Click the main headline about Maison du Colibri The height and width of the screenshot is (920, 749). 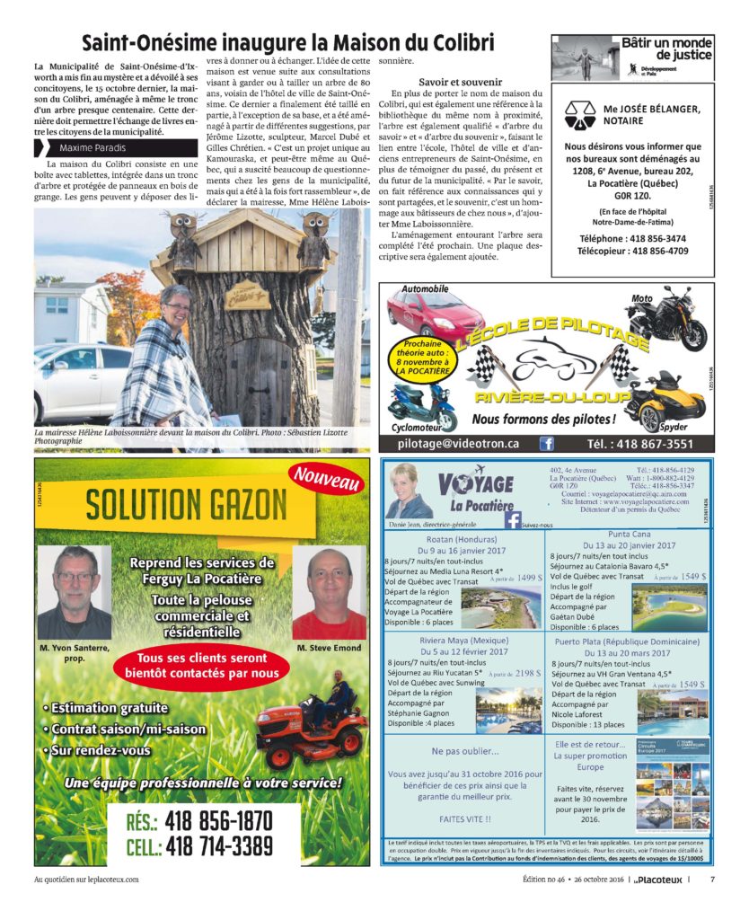(x=288, y=42)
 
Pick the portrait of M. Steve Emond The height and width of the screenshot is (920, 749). (x=329, y=593)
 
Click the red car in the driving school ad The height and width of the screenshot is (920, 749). (x=429, y=315)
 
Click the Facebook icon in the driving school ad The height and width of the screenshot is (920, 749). (x=546, y=444)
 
